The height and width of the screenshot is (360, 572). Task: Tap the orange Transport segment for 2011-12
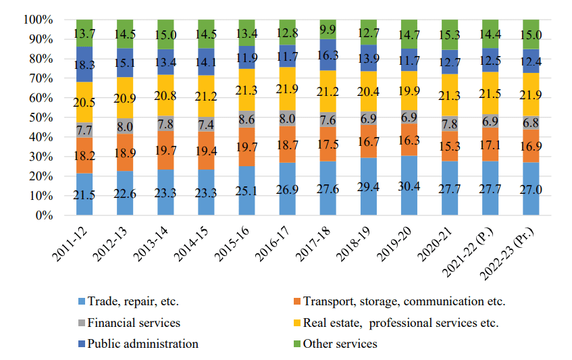pyautogui.click(x=84, y=155)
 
